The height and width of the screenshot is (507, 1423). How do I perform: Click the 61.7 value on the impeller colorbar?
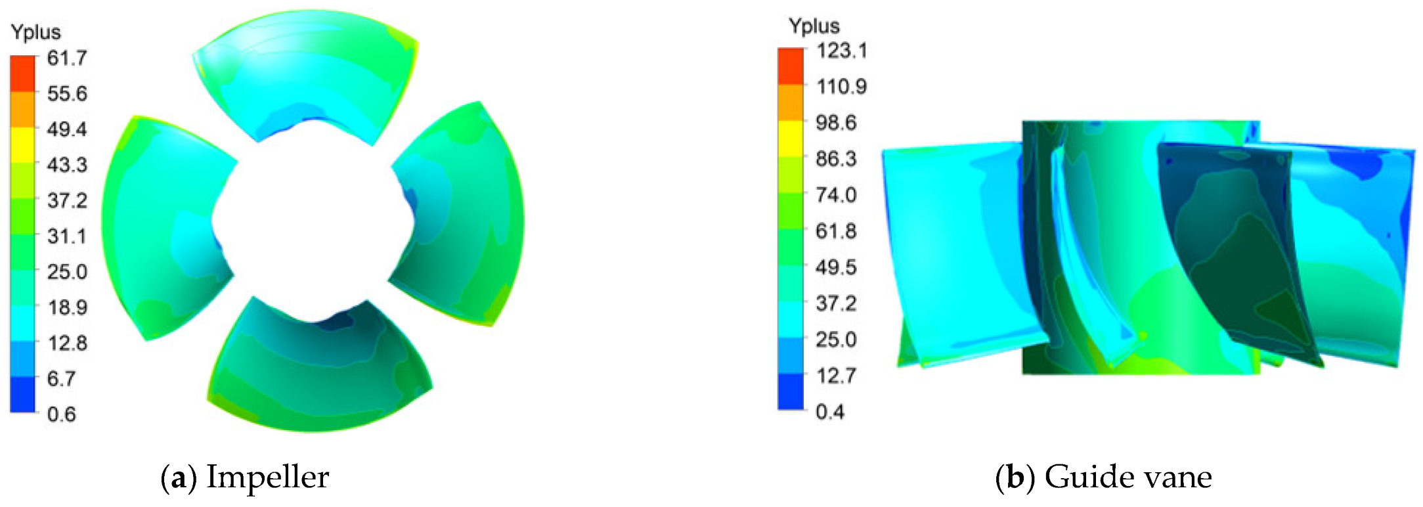click(67, 58)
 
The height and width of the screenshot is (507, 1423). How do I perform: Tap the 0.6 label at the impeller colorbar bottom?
click(62, 414)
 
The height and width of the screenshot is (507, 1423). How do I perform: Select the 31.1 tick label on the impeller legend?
click(67, 236)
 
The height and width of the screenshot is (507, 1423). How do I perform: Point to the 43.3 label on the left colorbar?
click(67, 164)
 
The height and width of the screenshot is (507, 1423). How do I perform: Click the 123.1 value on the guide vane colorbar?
click(842, 51)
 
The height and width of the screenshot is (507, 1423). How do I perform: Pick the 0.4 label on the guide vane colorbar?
click(830, 412)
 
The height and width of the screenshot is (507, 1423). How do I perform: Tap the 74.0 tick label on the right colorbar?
click(837, 195)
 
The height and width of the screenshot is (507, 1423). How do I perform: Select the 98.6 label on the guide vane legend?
click(837, 123)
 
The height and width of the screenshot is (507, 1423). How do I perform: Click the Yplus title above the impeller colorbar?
click(36, 32)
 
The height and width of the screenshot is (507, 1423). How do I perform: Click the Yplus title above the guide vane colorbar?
click(814, 26)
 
